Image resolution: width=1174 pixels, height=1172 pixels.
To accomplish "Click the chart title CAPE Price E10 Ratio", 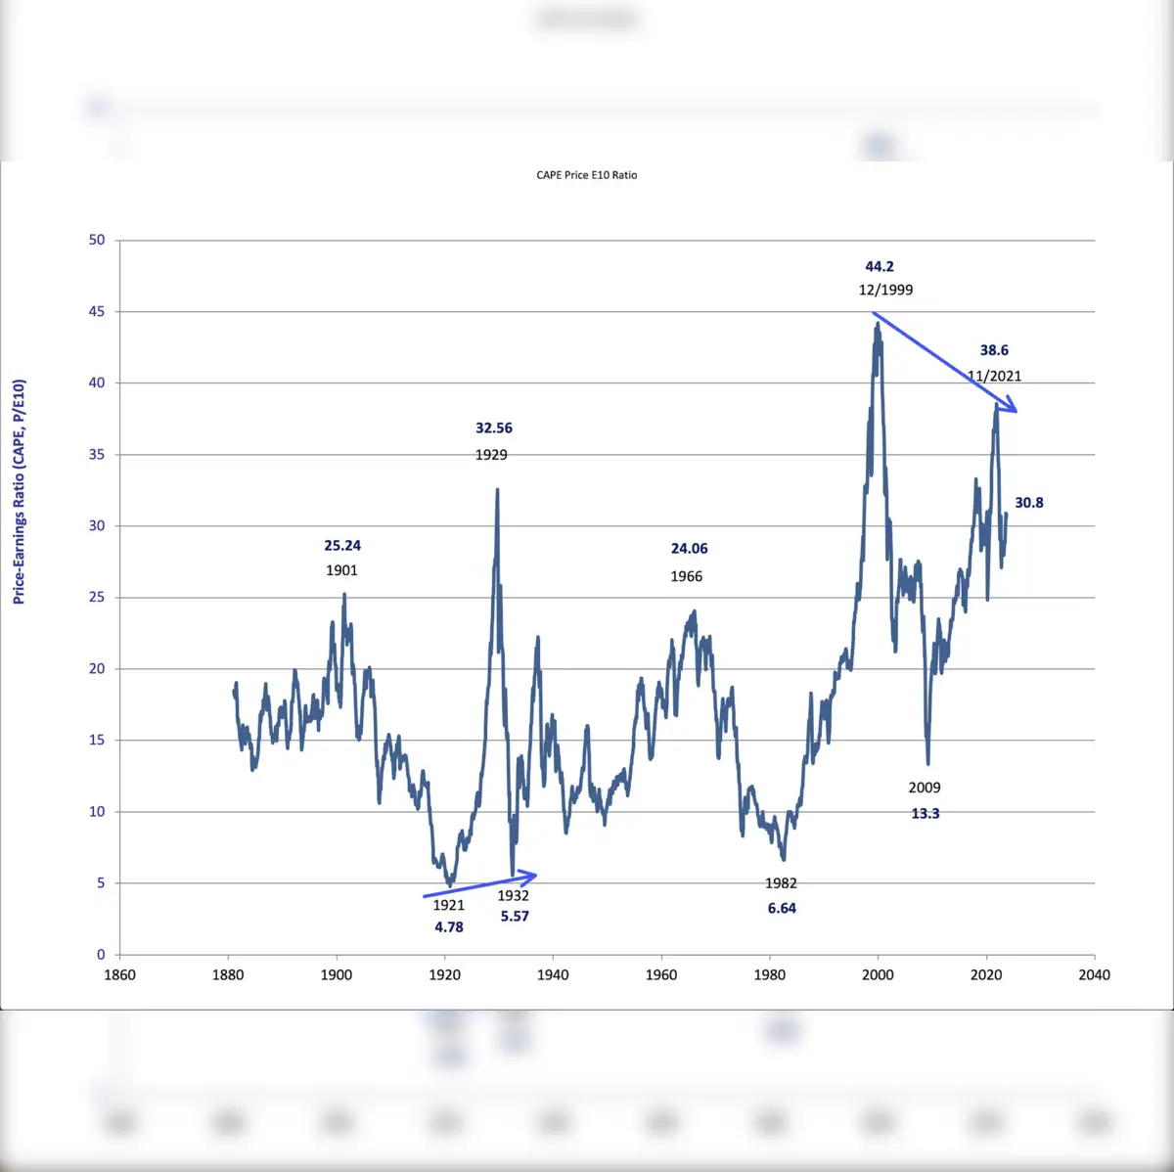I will tap(586, 175).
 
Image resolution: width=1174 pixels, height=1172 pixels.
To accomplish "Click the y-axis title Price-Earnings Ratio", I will tap(19, 491).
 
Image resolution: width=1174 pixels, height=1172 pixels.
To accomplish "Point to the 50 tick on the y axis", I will tap(97, 240).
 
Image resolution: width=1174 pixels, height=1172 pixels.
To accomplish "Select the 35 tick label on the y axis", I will tap(97, 454).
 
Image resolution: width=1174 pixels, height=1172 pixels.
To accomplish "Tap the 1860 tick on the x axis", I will tap(119, 974).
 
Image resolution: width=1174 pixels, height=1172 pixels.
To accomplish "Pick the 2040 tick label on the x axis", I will tap(1094, 974).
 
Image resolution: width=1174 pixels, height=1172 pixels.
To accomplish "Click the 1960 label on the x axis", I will tap(661, 974).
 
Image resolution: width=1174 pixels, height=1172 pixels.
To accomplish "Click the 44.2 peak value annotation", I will tap(880, 266).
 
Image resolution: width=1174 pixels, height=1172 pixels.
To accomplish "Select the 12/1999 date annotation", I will tap(885, 290).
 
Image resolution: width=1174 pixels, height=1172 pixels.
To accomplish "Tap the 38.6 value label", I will tap(994, 350).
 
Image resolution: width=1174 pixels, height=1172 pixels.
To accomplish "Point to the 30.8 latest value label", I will tap(1028, 503).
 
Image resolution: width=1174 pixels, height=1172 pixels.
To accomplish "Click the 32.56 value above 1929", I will tap(494, 428).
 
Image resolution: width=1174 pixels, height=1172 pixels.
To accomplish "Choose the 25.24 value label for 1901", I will tap(342, 546).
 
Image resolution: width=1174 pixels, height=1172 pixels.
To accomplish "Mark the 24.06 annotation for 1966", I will tap(689, 549).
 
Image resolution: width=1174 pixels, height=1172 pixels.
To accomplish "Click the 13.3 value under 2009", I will tap(926, 813).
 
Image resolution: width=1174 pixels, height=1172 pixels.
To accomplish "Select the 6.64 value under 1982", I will tap(782, 908).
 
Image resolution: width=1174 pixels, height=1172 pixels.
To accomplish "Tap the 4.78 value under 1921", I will tap(449, 926).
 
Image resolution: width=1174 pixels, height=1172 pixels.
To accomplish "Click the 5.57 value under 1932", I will tap(515, 916).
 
